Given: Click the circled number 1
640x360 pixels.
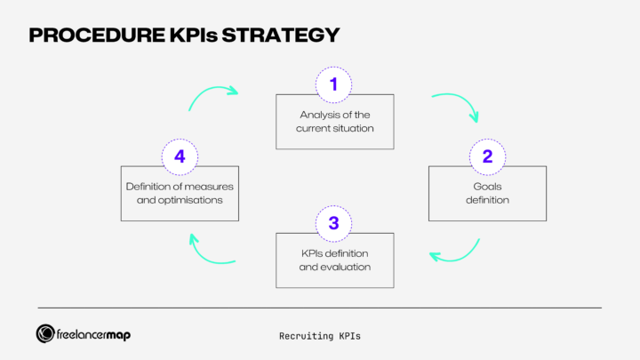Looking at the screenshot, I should (334, 84).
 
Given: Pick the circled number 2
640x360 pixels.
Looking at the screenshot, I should (487, 156).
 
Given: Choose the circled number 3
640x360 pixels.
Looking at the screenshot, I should (334, 223).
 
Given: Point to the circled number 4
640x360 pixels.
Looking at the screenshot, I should (180, 156).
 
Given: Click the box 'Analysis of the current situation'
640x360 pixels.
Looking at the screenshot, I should (334, 121).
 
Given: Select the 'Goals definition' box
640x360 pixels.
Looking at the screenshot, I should (487, 194).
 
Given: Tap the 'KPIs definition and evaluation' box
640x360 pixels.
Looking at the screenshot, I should (334, 260).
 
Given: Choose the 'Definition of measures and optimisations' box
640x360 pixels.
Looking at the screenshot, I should (180, 194).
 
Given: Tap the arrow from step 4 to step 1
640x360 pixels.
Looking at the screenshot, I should (212, 96).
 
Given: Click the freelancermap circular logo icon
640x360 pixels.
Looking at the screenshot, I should (46, 333).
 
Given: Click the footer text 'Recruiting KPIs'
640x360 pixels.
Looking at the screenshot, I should (319, 336).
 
